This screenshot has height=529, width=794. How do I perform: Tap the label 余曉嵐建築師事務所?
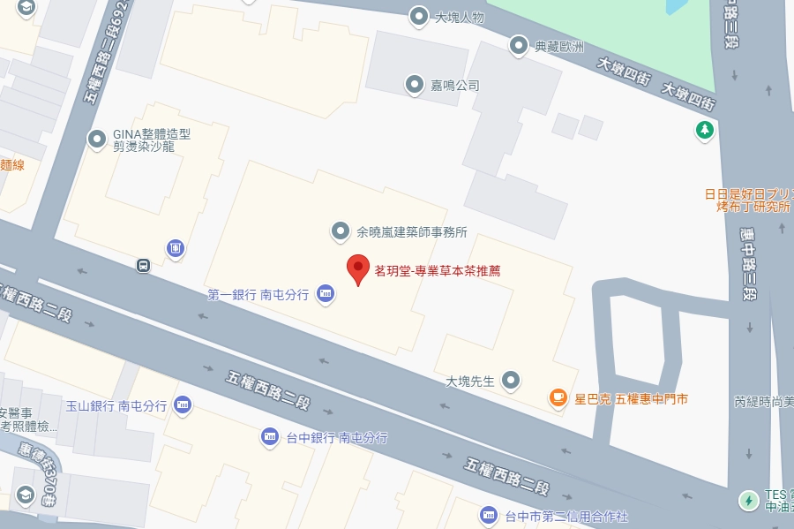pos(410,232)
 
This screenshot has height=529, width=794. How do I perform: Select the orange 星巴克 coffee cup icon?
pos(558,398)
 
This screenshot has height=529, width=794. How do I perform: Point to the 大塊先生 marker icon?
pos(511,381)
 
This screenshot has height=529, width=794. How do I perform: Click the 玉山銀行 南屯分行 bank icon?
pos(183,405)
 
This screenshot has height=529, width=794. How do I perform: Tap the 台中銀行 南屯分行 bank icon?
pos(270,436)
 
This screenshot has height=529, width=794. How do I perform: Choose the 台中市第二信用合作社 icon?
pos(488,514)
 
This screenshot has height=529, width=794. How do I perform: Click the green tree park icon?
pos(704,131)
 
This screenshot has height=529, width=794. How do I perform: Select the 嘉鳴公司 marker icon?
pos(414,85)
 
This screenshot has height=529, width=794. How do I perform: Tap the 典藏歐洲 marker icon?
pos(519,45)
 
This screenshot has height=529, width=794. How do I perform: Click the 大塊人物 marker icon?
pos(419,16)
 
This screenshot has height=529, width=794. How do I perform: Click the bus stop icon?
pos(143,264)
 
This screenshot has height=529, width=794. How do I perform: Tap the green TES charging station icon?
pos(748,500)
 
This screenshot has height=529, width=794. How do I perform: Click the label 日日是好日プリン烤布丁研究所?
pos(748,200)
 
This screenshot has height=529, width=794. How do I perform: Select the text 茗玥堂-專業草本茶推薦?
pos(438,271)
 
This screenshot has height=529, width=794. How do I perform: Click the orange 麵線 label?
pos(12,164)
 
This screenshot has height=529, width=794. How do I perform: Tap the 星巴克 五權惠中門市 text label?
pos(631,399)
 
